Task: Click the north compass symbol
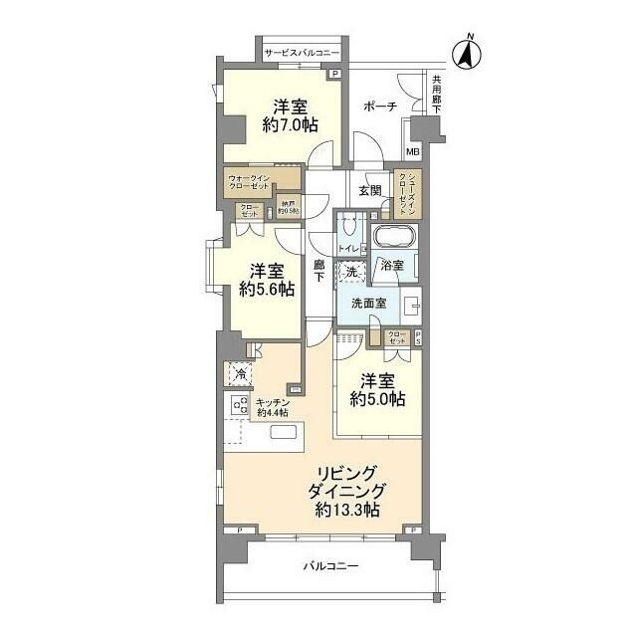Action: coord(467,53)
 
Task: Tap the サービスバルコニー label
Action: coord(303,52)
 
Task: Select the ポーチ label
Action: coord(380,106)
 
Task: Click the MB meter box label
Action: coord(413,152)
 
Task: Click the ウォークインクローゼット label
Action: coord(248,183)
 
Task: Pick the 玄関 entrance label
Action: coord(370,190)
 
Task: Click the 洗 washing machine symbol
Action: coord(351,271)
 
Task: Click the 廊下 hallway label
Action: coord(318,272)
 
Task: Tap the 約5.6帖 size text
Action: coord(267,289)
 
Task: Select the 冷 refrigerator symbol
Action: coord(240,374)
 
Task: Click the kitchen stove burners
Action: coord(240,405)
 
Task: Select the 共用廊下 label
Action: coord(434,97)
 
